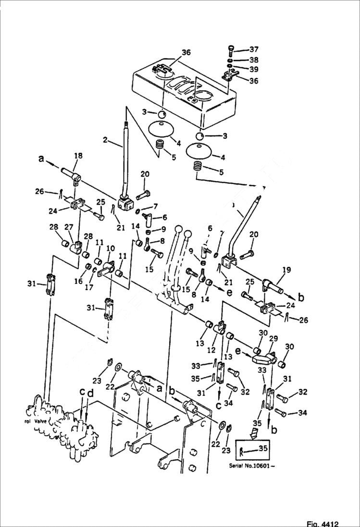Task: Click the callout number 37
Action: click(x=253, y=49)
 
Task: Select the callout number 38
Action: click(x=253, y=60)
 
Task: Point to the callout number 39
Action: click(x=253, y=70)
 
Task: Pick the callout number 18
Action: click(x=78, y=156)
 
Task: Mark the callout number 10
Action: click(x=110, y=248)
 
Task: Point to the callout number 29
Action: click(x=273, y=339)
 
